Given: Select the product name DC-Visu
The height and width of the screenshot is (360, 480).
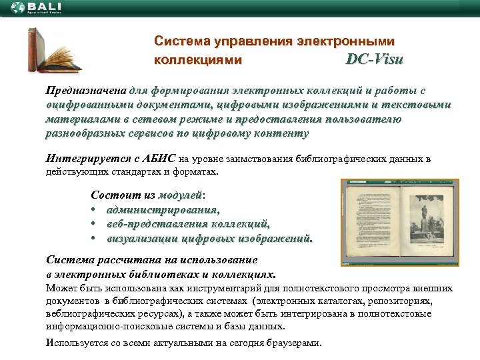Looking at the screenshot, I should click(x=374, y=59).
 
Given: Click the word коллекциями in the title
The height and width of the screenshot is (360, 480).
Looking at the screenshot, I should click(x=197, y=59).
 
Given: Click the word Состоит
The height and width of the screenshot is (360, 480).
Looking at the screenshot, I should click(x=113, y=195).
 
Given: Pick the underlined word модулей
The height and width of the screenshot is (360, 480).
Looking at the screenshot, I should click(x=180, y=195).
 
